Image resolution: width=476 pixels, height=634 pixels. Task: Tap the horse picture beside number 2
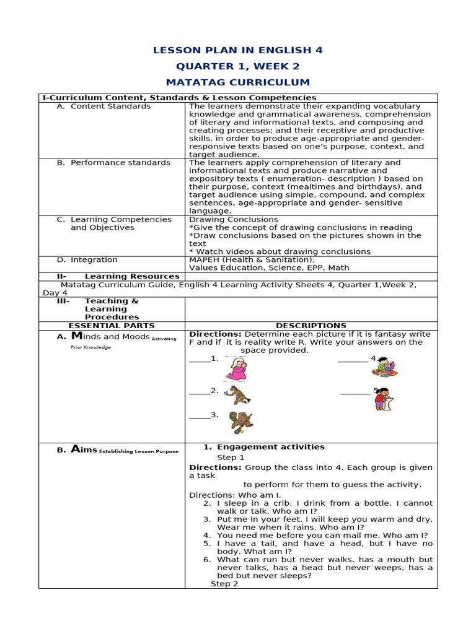[237, 394]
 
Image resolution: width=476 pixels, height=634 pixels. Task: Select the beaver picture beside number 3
[240, 422]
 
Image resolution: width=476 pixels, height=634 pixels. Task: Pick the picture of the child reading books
[386, 367]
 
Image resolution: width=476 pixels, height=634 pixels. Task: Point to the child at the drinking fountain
[382, 399]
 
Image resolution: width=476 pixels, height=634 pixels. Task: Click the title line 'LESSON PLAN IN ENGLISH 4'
[238, 51]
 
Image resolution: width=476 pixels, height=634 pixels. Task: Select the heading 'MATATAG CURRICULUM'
[238, 82]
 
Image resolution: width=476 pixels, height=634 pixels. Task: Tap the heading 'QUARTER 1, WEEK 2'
[238, 66]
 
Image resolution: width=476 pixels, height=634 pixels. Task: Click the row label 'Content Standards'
[110, 106]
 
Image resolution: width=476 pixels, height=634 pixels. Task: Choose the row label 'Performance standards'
[120, 163]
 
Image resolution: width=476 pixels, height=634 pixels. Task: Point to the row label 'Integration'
[94, 260]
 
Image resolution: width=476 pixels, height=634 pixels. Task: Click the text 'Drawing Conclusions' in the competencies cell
[234, 220]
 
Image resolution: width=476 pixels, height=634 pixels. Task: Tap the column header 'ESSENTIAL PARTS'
[112, 326]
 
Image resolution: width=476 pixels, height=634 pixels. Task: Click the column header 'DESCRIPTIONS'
[311, 326]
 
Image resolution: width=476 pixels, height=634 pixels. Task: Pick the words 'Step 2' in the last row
[224, 584]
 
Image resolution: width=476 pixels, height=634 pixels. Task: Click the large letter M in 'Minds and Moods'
[76, 336]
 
